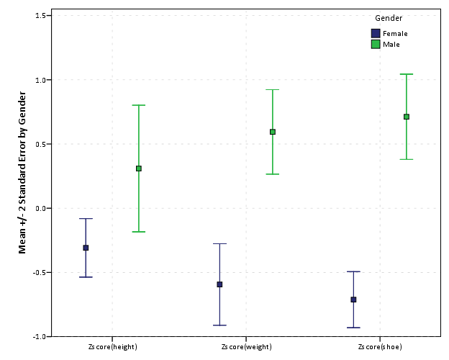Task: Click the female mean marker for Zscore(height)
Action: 86,248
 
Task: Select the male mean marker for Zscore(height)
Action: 139,168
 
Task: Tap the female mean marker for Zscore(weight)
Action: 219,284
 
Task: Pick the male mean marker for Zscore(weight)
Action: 273,132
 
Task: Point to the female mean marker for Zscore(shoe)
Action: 353,300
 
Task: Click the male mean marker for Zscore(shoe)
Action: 407,117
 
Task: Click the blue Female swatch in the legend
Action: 375,33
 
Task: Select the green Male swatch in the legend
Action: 375,44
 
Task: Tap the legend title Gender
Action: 389,18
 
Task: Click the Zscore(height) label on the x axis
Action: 112,347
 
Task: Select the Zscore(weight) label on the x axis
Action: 246,347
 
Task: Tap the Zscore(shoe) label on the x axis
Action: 380,347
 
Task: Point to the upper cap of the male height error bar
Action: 139,105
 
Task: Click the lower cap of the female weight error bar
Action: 219,325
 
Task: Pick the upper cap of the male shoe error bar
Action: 407,74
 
